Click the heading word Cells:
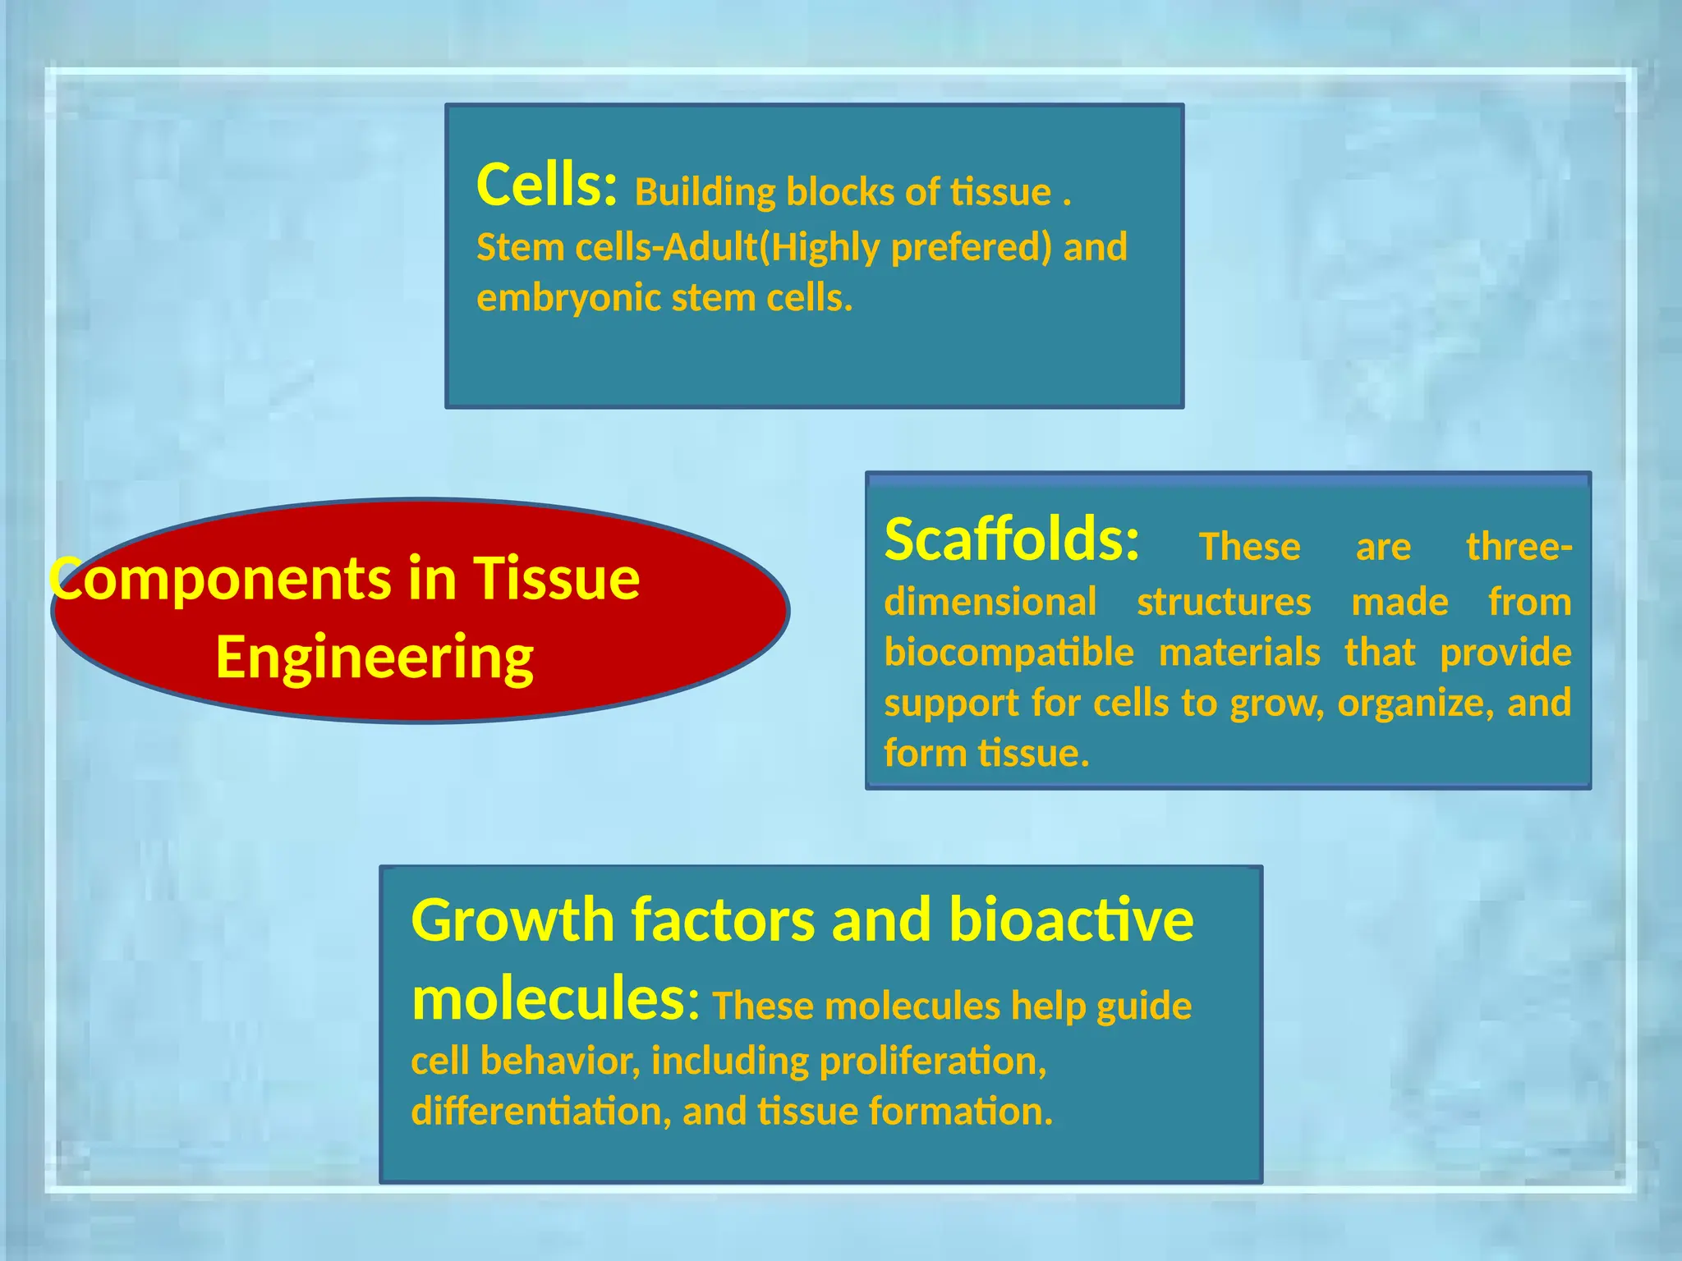tap(545, 186)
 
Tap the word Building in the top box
tap(705, 193)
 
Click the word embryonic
tap(568, 298)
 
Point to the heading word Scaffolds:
tap(1012, 540)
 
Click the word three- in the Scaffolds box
tap(1519, 547)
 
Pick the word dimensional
tap(990, 602)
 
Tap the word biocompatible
tap(1009, 653)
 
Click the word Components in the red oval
tap(218, 579)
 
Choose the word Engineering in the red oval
tap(375, 658)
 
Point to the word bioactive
tap(1070, 920)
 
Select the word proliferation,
tap(933, 1062)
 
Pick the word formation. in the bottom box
tap(960, 1112)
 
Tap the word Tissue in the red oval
tap(556, 579)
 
